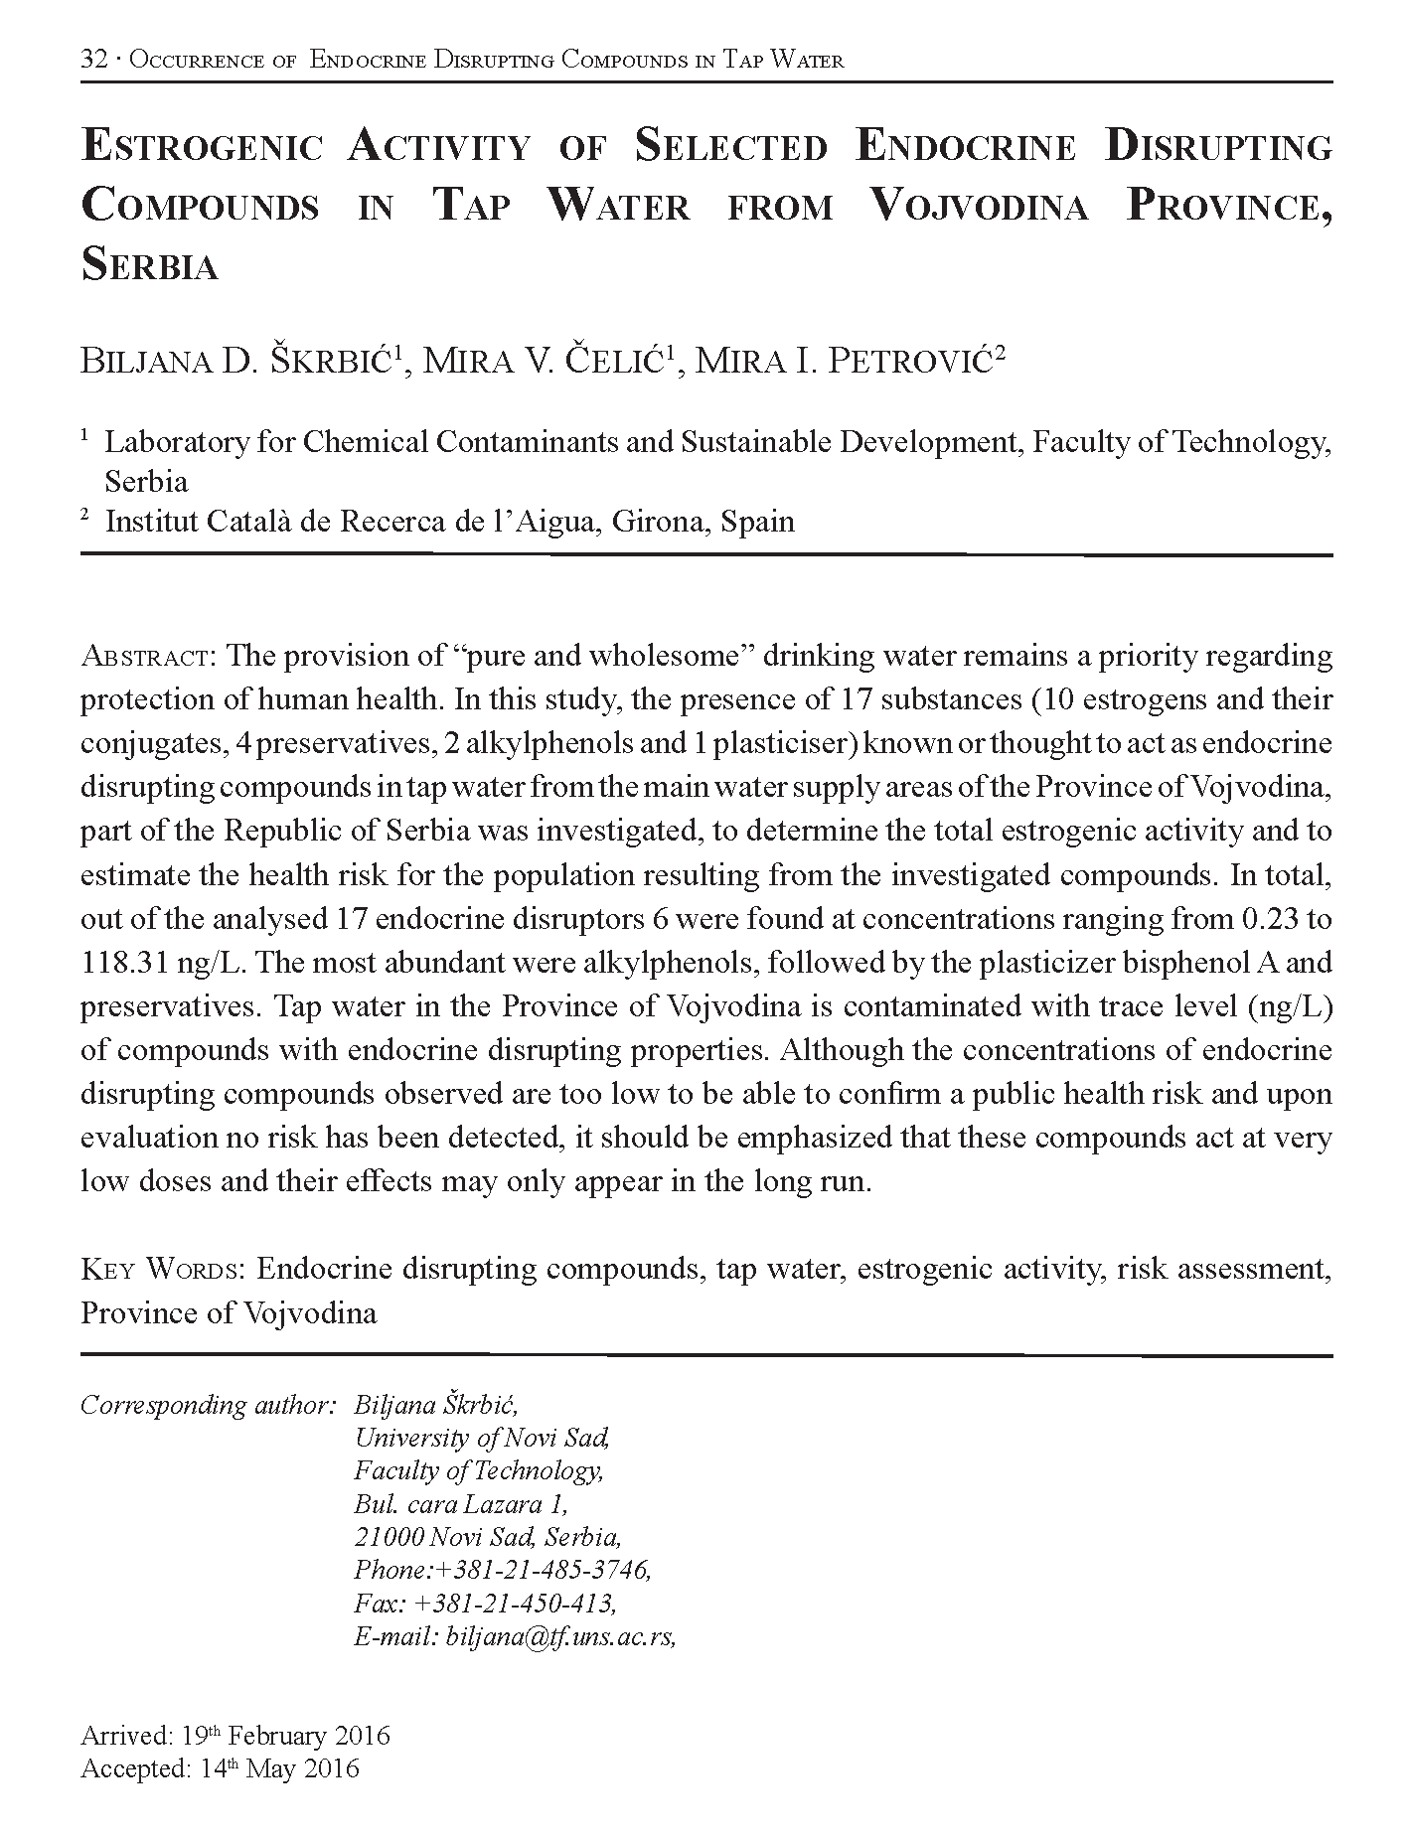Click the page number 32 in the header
tap(93, 60)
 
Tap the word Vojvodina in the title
tap(978, 206)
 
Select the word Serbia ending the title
tap(149, 265)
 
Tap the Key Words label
tap(163, 1269)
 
